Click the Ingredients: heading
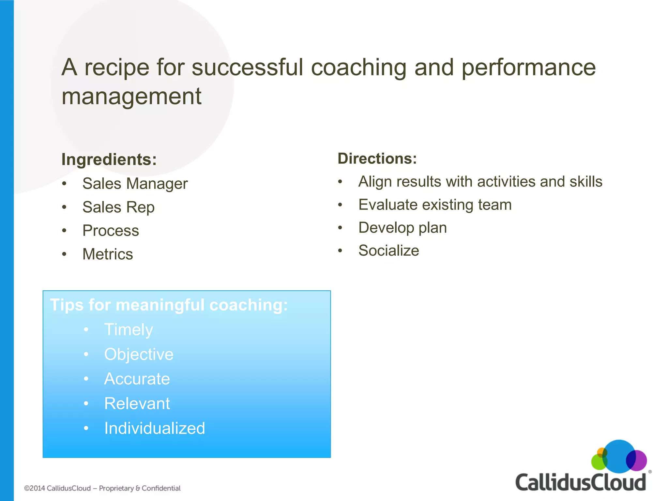pos(109,159)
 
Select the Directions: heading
pos(377,159)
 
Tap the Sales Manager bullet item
pos(135,184)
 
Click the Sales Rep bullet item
pos(118,207)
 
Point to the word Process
pos(111,231)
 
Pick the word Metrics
pos(108,254)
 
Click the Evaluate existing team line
pos(435,205)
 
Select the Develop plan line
pos(402,228)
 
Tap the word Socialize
pos(388,250)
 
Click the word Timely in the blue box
pos(129,330)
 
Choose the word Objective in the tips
pos(139,354)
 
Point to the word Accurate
pos(137,379)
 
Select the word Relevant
pos(137,403)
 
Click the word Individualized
pos(155,428)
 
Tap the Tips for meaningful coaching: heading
pos(169,305)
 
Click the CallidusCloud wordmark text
pos(580,482)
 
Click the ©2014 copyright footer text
pos(102,488)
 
